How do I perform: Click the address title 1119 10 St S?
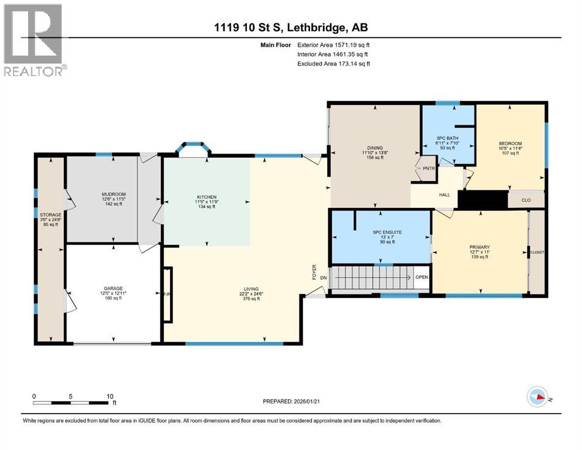click(x=291, y=28)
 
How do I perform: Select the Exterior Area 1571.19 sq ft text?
click(x=334, y=44)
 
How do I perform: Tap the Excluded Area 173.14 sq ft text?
click(x=334, y=63)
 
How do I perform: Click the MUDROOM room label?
click(x=114, y=194)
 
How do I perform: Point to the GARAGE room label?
click(x=113, y=288)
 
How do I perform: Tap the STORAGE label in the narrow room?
click(x=50, y=214)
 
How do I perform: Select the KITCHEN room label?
click(x=206, y=197)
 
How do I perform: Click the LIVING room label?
click(x=251, y=288)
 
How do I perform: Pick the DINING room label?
click(x=375, y=148)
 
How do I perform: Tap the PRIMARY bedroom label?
click(x=479, y=247)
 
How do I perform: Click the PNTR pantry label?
click(x=426, y=169)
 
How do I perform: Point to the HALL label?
click(x=444, y=195)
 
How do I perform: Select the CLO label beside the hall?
click(x=525, y=200)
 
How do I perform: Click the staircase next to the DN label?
click(x=370, y=277)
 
